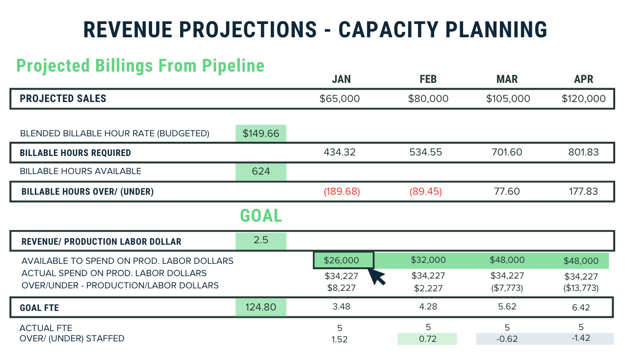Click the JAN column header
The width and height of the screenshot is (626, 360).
pos(341,79)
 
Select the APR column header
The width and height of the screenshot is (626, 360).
pos(583,79)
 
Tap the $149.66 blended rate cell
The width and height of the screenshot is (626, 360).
pos(261,133)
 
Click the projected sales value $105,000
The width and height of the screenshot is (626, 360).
pos(508,99)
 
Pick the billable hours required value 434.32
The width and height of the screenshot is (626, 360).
pos(339,152)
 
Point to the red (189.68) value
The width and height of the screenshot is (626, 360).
pos(341,191)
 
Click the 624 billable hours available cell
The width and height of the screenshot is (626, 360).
pos(261,172)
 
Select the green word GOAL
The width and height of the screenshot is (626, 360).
pos(261,216)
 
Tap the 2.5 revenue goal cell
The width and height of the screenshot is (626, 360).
pos(261,241)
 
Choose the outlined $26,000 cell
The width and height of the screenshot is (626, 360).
pos(343,260)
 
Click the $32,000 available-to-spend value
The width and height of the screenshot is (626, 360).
pos(428,260)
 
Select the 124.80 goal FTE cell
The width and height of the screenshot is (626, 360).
pos(261,308)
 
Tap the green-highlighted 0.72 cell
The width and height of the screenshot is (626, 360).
pos(427,339)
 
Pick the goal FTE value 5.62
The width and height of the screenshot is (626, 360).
pos(507,308)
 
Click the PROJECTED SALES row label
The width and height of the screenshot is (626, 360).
pos(63,99)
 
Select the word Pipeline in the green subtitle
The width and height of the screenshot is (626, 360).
pos(230,66)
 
